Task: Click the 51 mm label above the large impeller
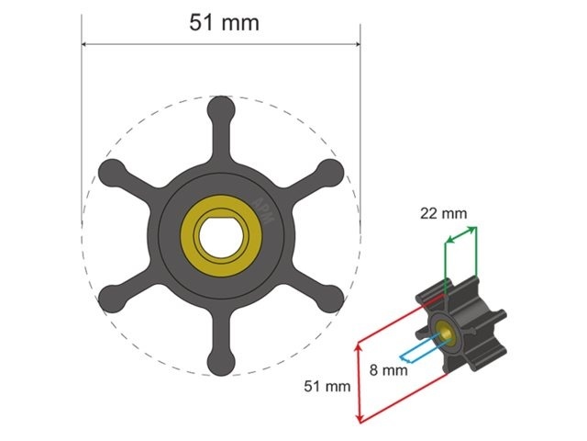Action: click(x=224, y=23)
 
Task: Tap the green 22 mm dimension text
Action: click(x=443, y=214)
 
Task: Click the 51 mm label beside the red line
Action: click(x=327, y=387)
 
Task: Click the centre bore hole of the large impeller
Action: click(x=220, y=235)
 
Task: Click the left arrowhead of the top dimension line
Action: click(x=86, y=43)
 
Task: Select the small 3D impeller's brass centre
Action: click(x=447, y=332)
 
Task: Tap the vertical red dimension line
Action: click(x=360, y=381)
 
